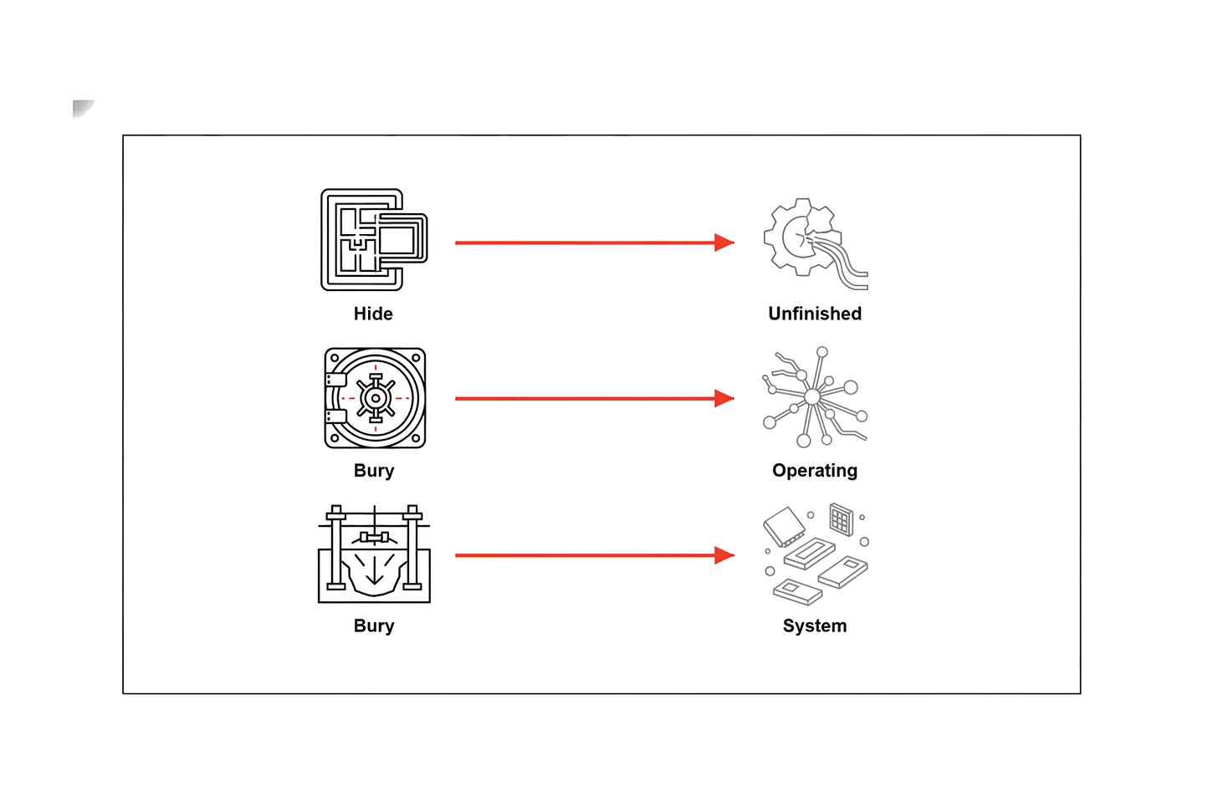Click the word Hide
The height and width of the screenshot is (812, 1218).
[373, 314]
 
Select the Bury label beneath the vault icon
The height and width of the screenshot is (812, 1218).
[374, 471]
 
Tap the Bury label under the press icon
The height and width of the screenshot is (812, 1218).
[374, 626]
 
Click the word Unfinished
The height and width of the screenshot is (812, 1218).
[815, 314]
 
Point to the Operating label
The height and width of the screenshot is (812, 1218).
[815, 471]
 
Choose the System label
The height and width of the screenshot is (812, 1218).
[815, 626]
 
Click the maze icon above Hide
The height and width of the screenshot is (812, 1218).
[374, 240]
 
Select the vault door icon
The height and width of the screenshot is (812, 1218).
[375, 398]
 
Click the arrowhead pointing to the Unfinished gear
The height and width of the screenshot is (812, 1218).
[724, 243]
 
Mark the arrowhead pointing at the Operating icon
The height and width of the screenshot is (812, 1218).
[724, 398]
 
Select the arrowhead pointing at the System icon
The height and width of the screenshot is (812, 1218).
[724, 555]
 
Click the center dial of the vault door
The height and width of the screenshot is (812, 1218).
[375, 398]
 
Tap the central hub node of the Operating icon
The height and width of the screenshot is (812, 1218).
[811, 397]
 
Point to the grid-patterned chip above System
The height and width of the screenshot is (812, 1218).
[842, 519]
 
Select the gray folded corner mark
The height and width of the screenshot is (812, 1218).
[82, 108]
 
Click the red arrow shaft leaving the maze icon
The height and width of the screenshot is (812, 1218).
[585, 243]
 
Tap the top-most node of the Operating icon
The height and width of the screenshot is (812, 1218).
[822, 352]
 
